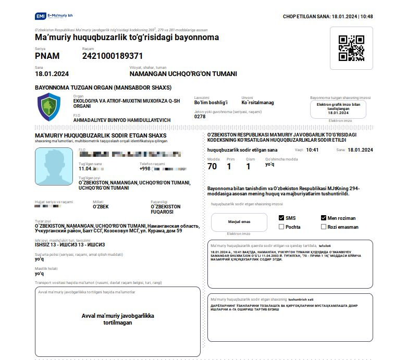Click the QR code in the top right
click(x=351, y=48)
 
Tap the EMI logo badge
click(x=40, y=17)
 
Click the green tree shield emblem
click(x=51, y=107)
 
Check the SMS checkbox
click(x=281, y=218)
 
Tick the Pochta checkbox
click(x=281, y=227)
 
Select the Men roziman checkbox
click(x=324, y=218)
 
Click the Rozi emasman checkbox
click(x=324, y=227)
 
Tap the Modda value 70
click(x=212, y=166)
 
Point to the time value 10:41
click(x=312, y=150)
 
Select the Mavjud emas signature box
click(x=239, y=222)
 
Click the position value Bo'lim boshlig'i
click(x=211, y=103)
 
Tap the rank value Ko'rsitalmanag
click(x=257, y=103)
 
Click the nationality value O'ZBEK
click(x=101, y=207)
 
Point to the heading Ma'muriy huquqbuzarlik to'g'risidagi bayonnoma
click(x=127, y=38)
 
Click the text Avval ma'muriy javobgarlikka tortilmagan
click(x=118, y=319)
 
